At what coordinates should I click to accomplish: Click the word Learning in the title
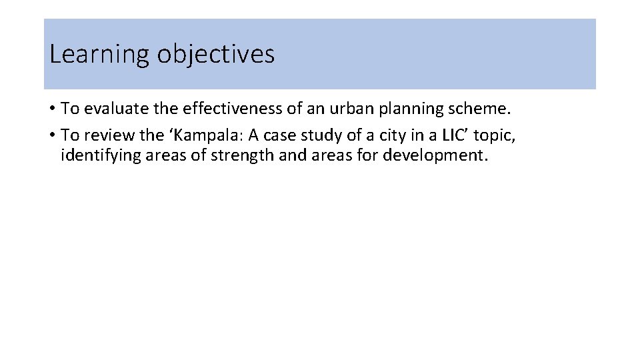pyautogui.click(x=100, y=55)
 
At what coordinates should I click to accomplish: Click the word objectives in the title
pyautogui.click(x=215, y=55)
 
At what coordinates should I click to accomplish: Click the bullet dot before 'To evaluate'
pyautogui.click(x=52, y=108)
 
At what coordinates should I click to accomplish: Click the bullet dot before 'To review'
pyautogui.click(x=52, y=135)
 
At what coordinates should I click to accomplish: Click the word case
pyautogui.click(x=270, y=135)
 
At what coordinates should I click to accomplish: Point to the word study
pyautogui.click(x=309, y=135)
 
